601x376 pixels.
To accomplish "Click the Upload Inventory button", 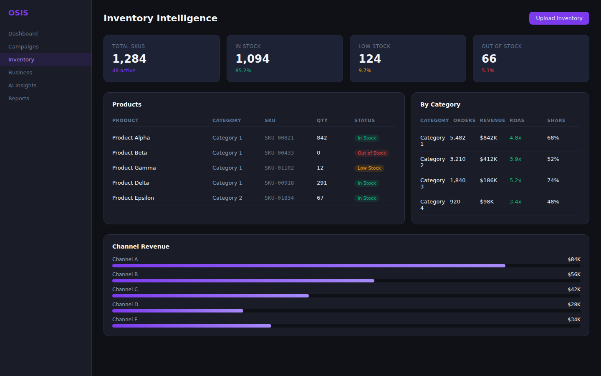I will [x=559, y=18].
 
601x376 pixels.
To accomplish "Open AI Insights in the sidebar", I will [x=23, y=85].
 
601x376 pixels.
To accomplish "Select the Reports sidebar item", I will [x=19, y=98].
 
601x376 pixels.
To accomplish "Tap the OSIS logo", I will [x=18, y=13].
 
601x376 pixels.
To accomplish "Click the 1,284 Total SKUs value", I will [x=129, y=58].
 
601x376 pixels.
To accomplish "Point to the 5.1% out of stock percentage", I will [x=488, y=71].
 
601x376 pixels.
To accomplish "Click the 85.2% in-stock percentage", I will [x=243, y=71].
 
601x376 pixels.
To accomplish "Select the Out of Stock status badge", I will [x=371, y=153].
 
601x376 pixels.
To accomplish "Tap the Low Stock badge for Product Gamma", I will [x=369, y=168].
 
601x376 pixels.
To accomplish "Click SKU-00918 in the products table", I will [x=279, y=183].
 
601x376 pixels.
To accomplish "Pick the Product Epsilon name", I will [x=133, y=198].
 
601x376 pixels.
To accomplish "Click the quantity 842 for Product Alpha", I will [x=322, y=138].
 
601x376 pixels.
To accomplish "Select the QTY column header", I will [x=322, y=120].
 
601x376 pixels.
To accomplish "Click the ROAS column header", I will [x=517, y=120].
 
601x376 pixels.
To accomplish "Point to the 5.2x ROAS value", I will [x=515, y=180].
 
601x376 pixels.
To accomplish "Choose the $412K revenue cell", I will [x=488, y=159].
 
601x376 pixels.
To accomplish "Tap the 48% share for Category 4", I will [x=553, y=202].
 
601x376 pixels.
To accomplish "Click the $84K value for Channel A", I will [x=574, y=259].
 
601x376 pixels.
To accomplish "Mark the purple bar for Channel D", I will [x=177, y=311].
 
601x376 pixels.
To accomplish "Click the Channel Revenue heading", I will [x=141, y=246].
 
